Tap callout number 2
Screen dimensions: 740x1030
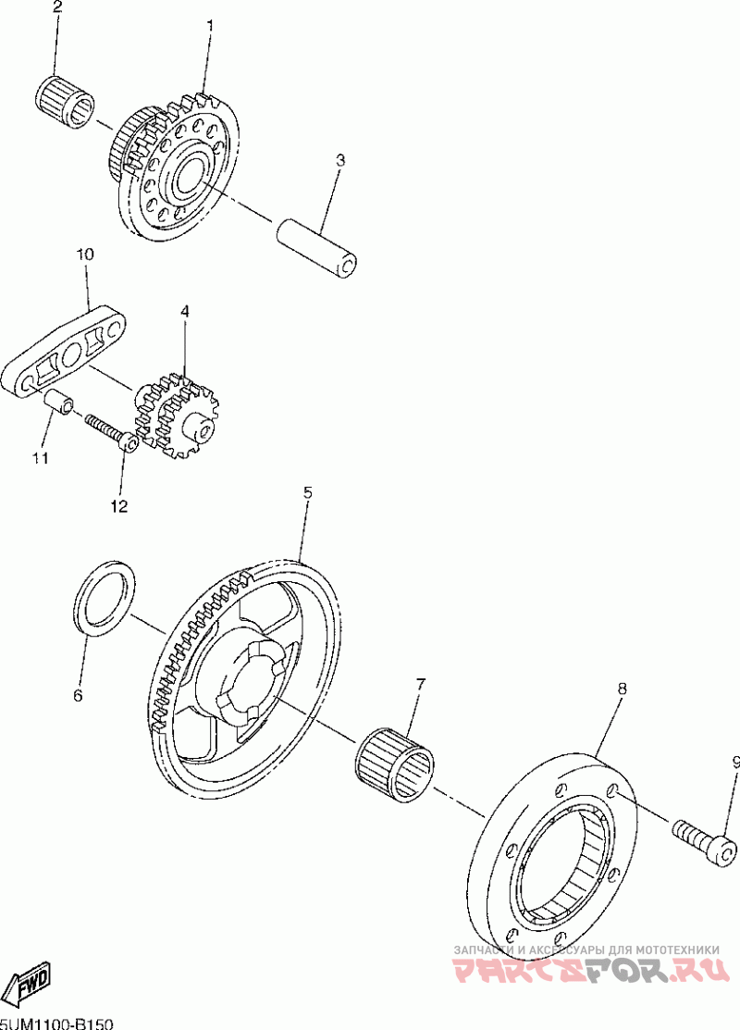[x=57, y=8]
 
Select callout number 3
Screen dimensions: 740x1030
[x=339, y=160]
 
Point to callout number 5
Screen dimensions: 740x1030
[x=307, y=492]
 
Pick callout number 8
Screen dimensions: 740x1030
[x=622, y=688]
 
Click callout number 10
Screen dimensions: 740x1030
[x=84, y=253]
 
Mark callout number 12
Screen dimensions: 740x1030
[x=119, y=506]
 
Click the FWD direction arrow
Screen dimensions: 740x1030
[x=29, y=982]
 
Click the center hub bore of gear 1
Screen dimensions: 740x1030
[x=186, y=176]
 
